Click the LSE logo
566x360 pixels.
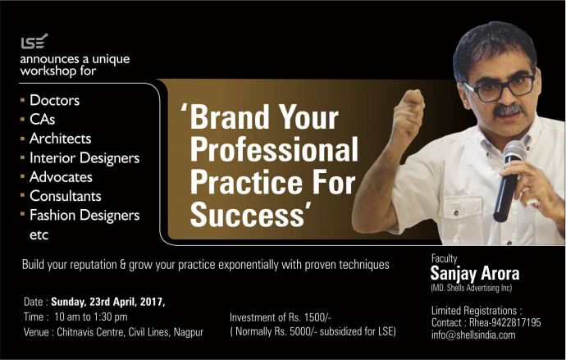tap(34, 42)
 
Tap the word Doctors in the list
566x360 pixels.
tap(54, 100)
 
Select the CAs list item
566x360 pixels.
tap(42, 120)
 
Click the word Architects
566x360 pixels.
tap(60, 139)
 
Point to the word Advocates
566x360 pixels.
tap(61, 177)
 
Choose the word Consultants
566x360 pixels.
tap(66, 196)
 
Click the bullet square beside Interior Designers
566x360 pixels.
tap(23, 157)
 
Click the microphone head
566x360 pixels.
tap(514, 151)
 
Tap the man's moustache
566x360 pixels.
tap(507, 110)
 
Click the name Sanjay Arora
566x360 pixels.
tap(475, 273)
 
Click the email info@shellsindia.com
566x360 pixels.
tap(473, 335)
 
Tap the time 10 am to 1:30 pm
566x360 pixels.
tap(91, 317)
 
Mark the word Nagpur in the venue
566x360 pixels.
tap(189, 332)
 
